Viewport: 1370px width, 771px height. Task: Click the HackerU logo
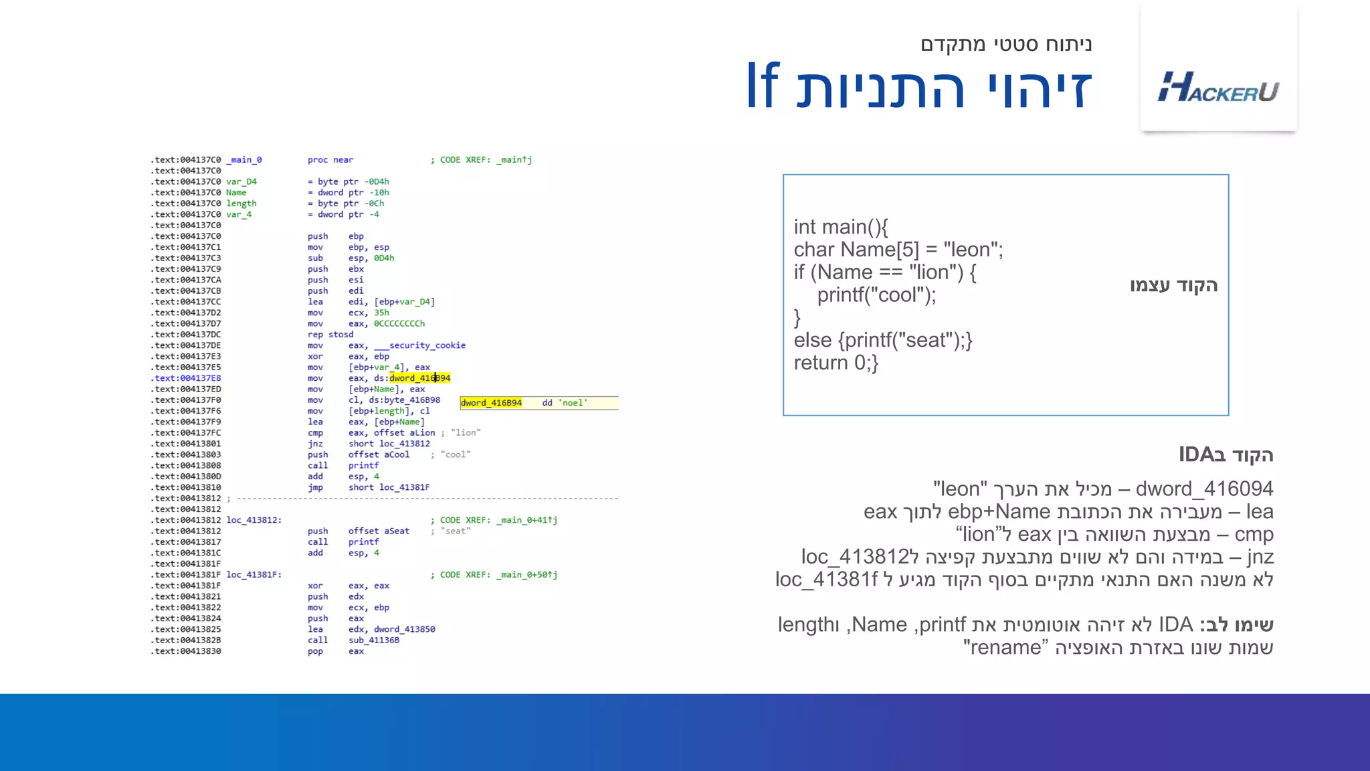pos(1218,87)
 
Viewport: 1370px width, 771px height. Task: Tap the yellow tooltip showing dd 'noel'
pos(539,403)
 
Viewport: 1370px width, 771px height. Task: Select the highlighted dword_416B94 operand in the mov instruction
pos(419,378)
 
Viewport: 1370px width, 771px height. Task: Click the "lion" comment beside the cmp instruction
pos(466,433)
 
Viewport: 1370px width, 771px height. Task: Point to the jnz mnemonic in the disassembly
pos(315,444)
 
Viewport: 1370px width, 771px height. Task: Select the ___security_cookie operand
pos(419,345)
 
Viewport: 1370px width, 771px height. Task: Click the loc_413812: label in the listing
pos(254,520)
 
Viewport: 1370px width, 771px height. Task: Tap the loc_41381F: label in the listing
pos(254,575)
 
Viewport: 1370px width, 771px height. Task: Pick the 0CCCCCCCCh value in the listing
pos(399,324)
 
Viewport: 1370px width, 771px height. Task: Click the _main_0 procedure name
pos(244,160)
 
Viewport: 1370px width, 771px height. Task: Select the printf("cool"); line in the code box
pos(876,295)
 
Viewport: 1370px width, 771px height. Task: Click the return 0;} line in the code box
pos(836,363)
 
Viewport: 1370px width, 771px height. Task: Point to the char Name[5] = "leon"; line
pos(898,250)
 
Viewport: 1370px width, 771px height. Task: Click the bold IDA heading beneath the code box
pos(1226,455)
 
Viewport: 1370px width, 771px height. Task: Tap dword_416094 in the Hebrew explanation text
pos(1204,489)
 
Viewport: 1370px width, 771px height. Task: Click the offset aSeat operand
pos(379,531)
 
